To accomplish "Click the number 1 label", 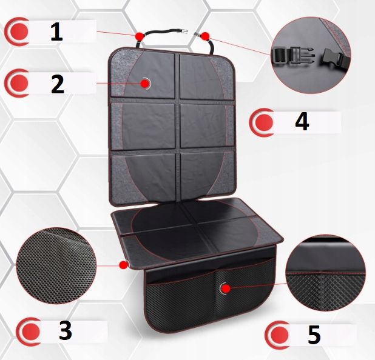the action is tap(56, 32).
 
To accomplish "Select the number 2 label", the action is tap(58, 84).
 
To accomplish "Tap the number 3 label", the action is tap(66, 331).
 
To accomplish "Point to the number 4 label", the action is tap(302, 122).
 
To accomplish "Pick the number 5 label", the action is tap(314, 335).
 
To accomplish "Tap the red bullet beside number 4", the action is tap(263, 122).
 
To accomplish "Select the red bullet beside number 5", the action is tap(279, 335).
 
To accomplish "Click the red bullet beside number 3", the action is tap(30, 332).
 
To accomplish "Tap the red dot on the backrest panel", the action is tap(145, 84).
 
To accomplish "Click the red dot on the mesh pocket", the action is tap(225, 289).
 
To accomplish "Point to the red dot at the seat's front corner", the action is tap(123, 265).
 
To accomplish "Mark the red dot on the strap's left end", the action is tap(139, 36).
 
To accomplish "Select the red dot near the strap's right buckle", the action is tap(205, 36).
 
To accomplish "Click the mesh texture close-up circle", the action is tap(56, 266).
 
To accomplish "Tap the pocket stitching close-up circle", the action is tap(325, 273).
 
